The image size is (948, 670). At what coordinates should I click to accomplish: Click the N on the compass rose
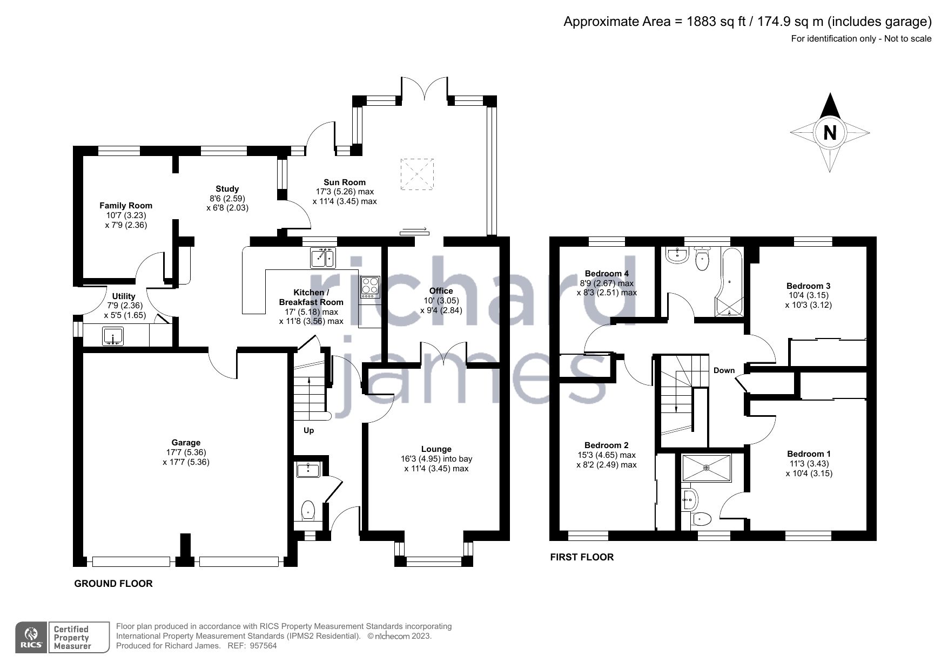(830, 133)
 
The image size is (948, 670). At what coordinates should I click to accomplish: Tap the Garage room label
(186, 443)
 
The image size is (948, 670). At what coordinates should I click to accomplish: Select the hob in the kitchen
(370, 287)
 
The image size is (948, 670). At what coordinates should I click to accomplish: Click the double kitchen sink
(324, 258)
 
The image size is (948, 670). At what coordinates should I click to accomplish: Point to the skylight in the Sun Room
(417, 174)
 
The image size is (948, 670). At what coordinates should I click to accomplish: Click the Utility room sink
(113, 336)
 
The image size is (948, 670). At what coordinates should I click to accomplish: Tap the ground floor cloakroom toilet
(307, 510)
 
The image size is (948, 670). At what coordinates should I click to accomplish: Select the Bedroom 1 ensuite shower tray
(707, 468)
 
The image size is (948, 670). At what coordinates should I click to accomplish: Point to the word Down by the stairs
(724, 370)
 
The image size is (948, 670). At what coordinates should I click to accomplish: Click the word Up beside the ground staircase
(308, 430)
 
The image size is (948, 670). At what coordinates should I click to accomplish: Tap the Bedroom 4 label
(607, 274)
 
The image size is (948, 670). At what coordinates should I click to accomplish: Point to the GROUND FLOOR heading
(113, 584)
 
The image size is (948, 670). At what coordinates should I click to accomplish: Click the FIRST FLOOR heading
(582, 557)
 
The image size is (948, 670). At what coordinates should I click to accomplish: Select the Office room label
(441, 291)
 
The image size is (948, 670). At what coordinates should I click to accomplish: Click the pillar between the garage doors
(185, 550)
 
